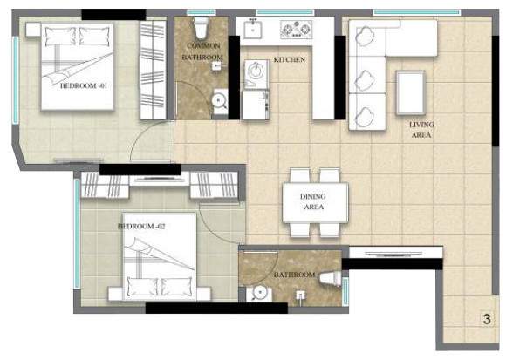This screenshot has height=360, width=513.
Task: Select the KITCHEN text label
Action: point(289,60)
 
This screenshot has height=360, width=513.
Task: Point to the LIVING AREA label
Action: point(422,130)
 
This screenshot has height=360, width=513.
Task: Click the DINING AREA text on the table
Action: point(314,202)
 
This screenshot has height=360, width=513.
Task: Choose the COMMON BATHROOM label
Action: point(202,51)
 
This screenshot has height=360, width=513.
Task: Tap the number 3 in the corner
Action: point(486,319)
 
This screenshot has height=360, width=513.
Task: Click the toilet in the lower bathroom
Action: point(331,278)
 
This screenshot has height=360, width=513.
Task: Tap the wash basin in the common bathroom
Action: point(220,101)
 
